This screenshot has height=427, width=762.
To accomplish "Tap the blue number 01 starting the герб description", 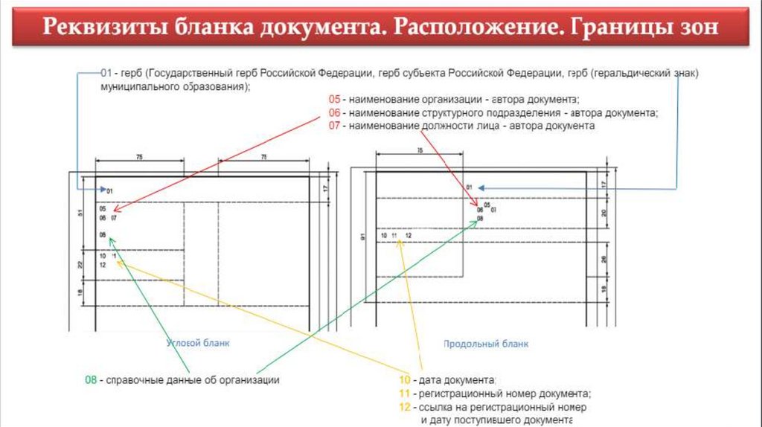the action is coord(106,73).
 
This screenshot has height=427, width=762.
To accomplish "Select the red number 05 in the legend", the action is coord(334,99).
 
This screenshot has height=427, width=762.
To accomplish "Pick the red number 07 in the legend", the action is coord(334,126).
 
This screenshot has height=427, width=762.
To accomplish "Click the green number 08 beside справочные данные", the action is coord(90,380).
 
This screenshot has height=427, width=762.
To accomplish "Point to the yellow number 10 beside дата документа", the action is coord(405,380).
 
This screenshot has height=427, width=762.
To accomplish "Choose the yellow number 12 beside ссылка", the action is coord(405,408).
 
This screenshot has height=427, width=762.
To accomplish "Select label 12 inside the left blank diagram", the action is coord(103,264).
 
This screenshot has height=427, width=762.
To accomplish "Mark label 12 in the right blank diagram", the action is coord(409,236).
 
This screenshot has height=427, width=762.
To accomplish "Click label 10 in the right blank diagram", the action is coord(384,236).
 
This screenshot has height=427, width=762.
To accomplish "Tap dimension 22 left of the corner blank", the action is coord(81,265).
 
